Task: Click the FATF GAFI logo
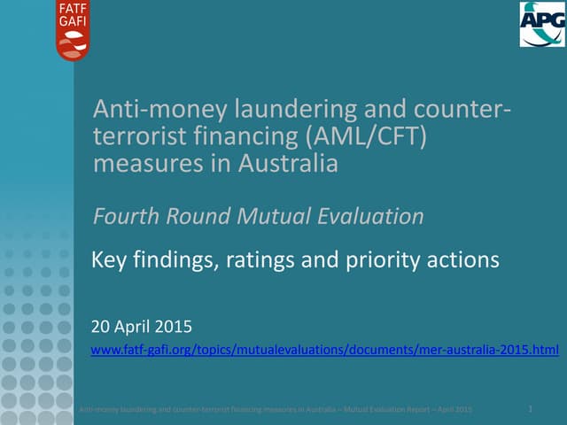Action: (x=73, y=30)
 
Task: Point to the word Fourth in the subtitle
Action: (x=124, y=216)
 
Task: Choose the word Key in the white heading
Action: (x=111, y=261)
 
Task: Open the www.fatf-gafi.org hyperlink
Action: (x=325, y=352)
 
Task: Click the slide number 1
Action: (x=529, y=408)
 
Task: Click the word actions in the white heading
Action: (x=465, y=261)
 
